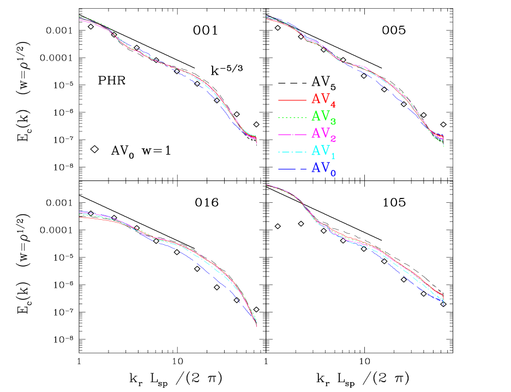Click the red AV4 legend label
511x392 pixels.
(x=323, y=99)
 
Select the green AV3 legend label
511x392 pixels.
(x=323, y=116)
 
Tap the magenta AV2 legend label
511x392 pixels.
(x=323, y=133)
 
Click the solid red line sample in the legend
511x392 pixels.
(x=291, y=101)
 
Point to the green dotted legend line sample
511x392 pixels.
(x=291, y=118)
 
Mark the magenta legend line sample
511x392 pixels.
(x=291, y=135)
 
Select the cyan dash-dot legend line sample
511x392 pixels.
(x=291, y=152)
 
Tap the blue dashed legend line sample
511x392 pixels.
(x=291, y=170)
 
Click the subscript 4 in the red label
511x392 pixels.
(x=333, y=104)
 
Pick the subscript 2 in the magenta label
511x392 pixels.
(x=333, y=138)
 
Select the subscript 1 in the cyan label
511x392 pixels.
(x=333, y=155)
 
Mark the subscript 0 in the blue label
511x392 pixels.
(x=333, y=173)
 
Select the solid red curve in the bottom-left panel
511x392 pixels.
(x=98, y=219)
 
